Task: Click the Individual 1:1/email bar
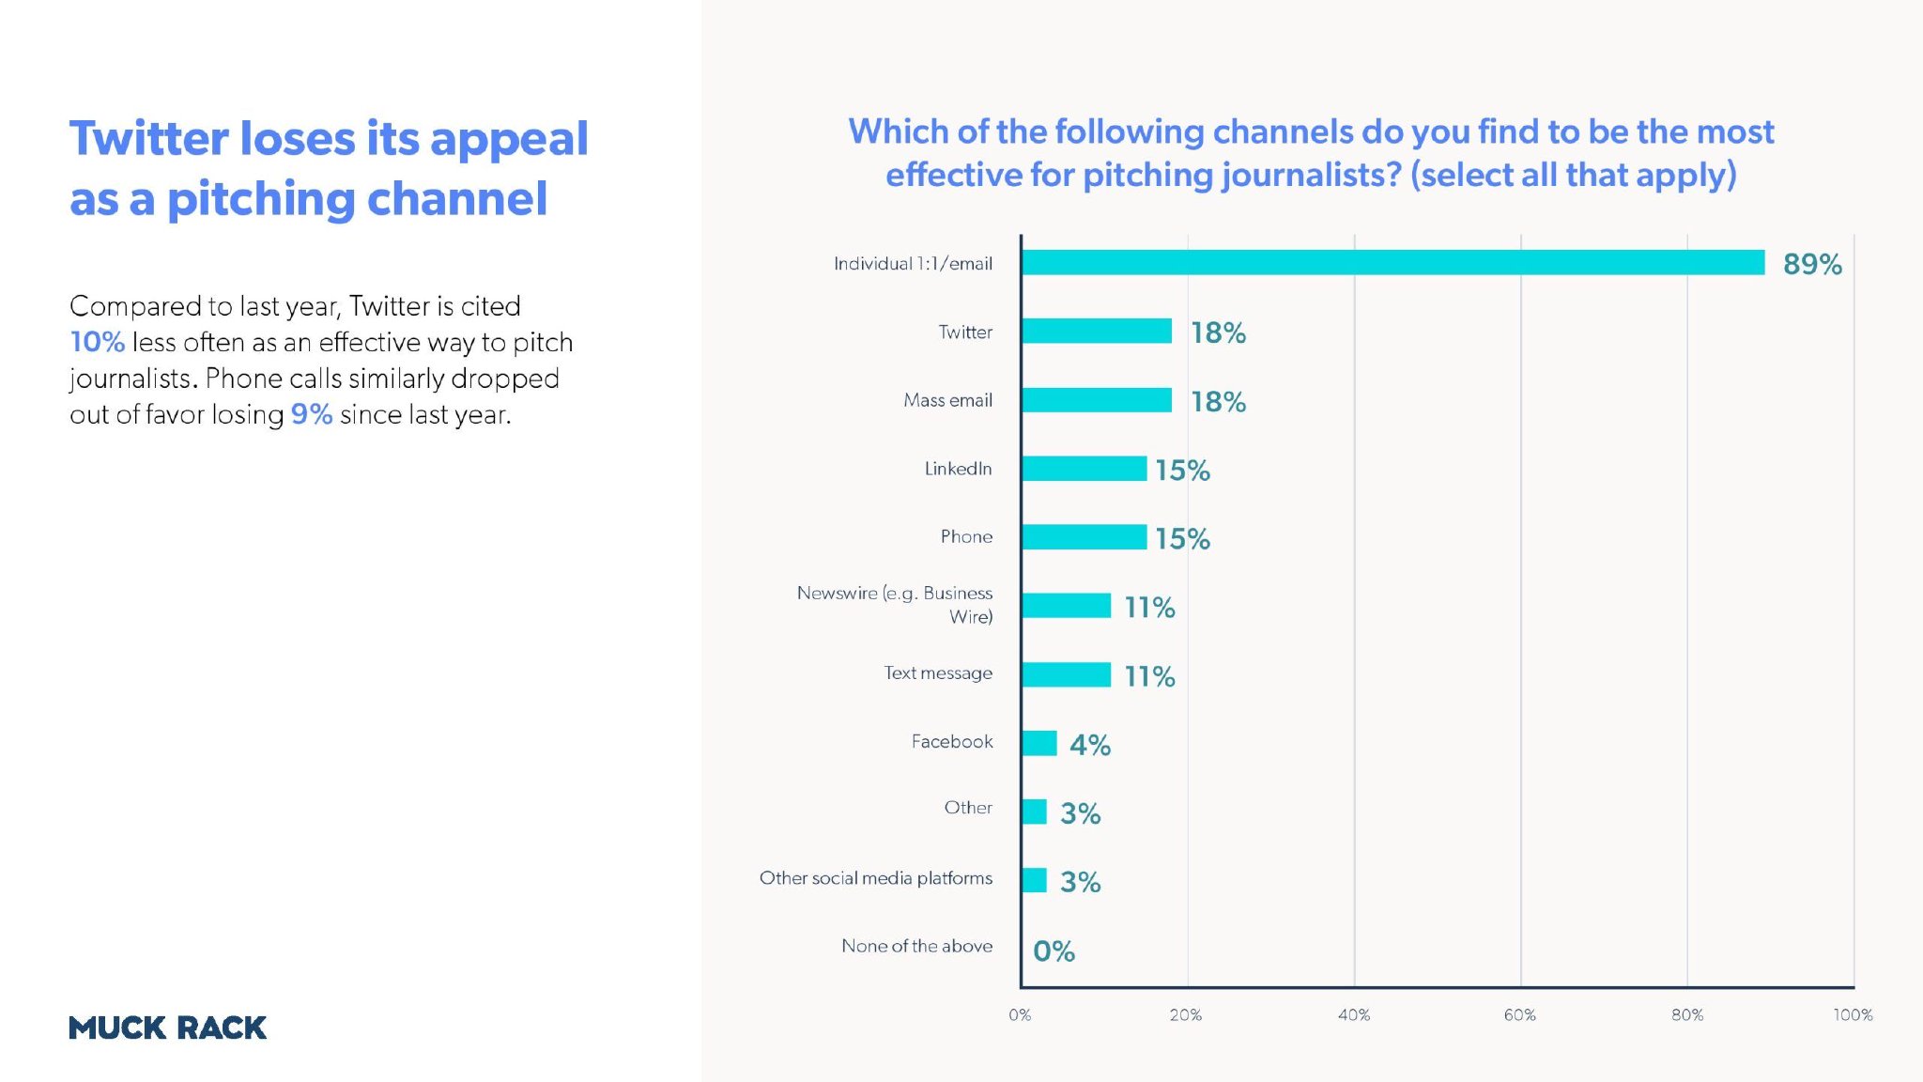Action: pyautogui.click(x=1393, y=263)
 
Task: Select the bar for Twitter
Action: pyautogui.click(x=1097, y=332)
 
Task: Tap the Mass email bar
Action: pyautogui.click(x=1097, y=400)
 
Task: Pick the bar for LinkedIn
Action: pyautogui.click(x=1085, y=469)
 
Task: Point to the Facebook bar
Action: pyautogui.click(x=1039, y=743)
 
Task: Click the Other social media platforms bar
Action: pyautogui.click(x=1035, y=880)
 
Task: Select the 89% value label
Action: pyautogui.click(x=1812, y=264)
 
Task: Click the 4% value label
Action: pyautogui.click(x=1090, y=745)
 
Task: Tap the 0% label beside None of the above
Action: pyautogui.click(x=1054, y=951)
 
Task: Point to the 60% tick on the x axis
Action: pyautogui.click(x=1520, y=1015)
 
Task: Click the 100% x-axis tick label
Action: pyautogui.click(x=1853, y=1015)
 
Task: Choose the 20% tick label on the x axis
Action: pyautogui.click(x=1186, y=1015)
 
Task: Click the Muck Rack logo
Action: pyautogui.click(x=168, y=1028)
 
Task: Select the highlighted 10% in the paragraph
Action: pyautogui.click(x=97, y=342)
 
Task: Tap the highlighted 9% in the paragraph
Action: pyautogui.click(x=311, y=414)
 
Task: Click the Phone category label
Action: pyautogui.click(x=966, y=536)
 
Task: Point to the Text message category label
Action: pyautogui.click(x=938, y=673)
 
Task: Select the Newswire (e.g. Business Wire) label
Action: pyautogui.click(x=895, y=605)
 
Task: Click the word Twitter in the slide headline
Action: pyautogui.click(x=148, y=139)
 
